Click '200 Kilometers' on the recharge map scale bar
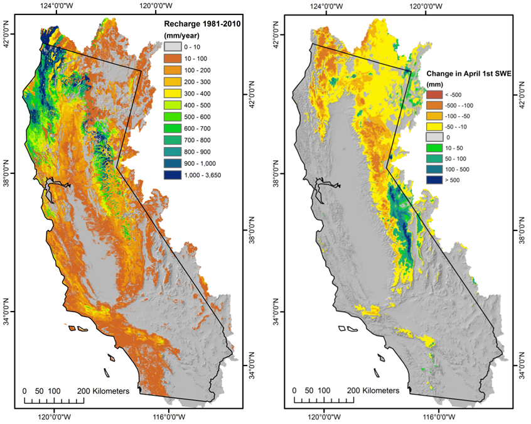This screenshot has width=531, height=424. pyautogui.click(x=104, y=391)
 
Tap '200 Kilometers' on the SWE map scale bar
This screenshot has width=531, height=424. pyautogui.click(x=373, y=391)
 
